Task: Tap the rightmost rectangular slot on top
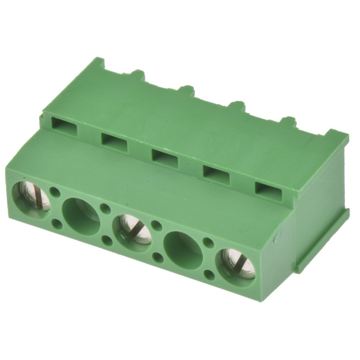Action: (269, 189)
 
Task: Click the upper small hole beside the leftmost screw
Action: (55, 192)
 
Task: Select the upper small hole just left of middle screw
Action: (106, 208)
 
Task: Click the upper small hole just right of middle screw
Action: (157, 225)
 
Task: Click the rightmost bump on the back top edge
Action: (288, 121)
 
